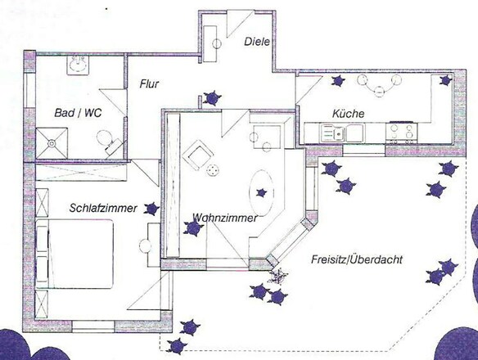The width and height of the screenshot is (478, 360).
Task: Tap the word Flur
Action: [148, 83]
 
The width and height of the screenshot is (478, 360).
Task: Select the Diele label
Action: [257, 41]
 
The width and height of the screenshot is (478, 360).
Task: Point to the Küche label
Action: [348, 113]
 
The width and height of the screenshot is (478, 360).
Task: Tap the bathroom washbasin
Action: [79, 65]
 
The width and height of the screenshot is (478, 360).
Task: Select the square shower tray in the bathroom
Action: [52, 142]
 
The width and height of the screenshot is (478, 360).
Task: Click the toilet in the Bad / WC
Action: [110, 144]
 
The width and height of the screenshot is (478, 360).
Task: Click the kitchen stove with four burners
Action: [403, 131]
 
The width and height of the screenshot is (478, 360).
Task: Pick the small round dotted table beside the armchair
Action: [214, 170]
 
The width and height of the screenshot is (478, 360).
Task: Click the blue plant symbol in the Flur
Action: [214, 98]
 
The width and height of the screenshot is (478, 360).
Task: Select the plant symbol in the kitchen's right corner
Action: [445, 80]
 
